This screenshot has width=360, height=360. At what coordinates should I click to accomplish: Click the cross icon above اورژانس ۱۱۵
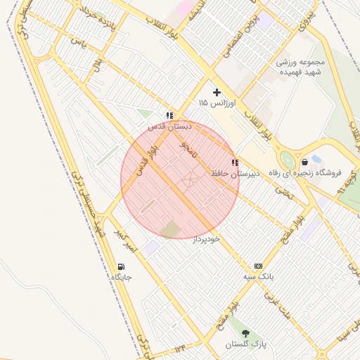217,92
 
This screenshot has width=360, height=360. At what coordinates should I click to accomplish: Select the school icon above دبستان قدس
169,115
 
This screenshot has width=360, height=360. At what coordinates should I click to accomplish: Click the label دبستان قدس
169,126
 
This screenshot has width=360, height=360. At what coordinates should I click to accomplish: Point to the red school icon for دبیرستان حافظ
235,162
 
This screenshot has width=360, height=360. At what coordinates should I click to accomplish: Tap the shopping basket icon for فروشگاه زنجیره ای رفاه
304,162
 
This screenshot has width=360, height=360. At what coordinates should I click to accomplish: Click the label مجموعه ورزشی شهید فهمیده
304,67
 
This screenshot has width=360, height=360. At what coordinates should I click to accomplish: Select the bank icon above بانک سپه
258,266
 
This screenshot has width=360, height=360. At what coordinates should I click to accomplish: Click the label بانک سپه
258,277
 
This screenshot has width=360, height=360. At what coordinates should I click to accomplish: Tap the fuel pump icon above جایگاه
122,267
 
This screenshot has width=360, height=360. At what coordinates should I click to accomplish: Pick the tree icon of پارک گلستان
245,333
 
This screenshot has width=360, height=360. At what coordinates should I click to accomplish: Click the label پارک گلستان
244,345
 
